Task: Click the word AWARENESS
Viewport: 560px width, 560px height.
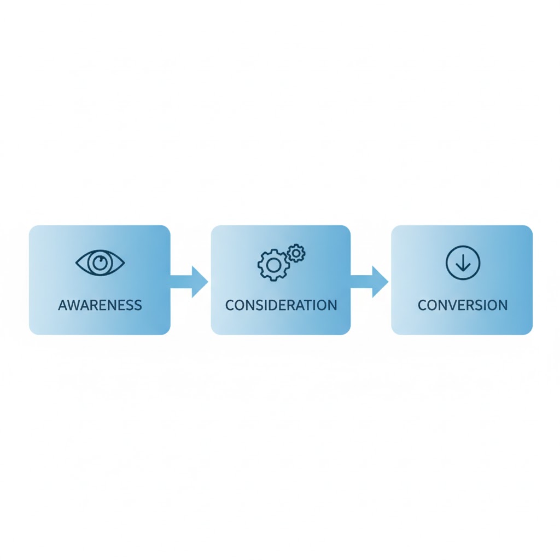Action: click(100, 305)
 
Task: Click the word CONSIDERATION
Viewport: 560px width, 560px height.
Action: click(281, 305)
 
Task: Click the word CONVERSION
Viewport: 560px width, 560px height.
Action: click(463, 305)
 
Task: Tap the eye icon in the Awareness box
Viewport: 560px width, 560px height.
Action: click(100, 262)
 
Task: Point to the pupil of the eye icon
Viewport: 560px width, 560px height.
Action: click(100, 262)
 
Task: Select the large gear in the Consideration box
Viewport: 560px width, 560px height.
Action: click(273, 265)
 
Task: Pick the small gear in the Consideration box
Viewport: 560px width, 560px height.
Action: click(296, 253)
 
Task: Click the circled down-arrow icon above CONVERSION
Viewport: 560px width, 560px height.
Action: click(463, 262)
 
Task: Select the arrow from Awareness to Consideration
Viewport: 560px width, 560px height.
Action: click(189, 282)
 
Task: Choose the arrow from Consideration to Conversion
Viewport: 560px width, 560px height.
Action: click(370, 282)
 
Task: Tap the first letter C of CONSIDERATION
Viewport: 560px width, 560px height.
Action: click(230, 305)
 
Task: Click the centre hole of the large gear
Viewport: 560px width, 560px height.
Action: click(273, 265)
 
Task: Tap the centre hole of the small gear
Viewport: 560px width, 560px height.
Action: click(296, 253)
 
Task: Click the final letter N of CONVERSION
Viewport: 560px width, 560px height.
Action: click(503, 305)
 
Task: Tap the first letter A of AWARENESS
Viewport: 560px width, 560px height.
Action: click(63, 305)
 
